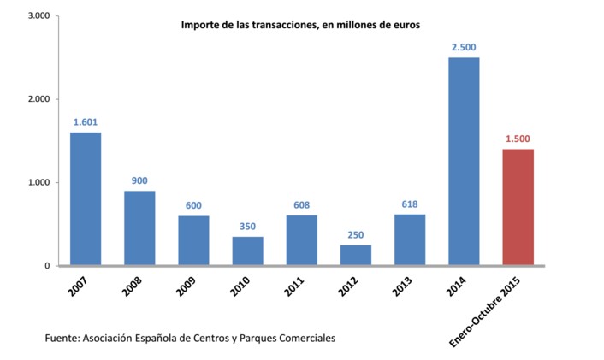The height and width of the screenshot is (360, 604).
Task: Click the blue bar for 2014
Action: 464,162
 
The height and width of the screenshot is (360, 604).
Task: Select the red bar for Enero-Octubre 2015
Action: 518,208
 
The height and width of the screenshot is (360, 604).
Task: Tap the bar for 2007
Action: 86,199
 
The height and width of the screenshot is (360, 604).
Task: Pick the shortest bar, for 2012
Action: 356,256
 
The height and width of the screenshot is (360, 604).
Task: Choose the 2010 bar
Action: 248,251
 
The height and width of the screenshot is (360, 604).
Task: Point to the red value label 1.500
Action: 518,139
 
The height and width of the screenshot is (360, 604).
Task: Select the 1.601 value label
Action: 86,121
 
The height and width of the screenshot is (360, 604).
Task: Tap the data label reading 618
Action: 410,204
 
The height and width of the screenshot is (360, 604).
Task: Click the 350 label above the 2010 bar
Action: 248,226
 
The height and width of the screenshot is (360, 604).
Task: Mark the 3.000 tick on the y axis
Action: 38,16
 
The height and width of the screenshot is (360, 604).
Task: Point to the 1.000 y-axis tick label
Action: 38,183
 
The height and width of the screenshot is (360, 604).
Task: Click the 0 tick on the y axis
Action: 47,266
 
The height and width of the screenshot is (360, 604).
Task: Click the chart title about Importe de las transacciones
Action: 300,26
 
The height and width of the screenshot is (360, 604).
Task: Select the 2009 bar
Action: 194,241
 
